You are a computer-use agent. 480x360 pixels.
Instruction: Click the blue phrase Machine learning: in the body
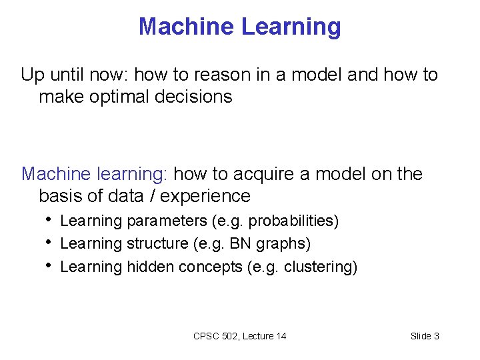coord(96,174)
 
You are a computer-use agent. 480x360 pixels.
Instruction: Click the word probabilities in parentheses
coord(293,221)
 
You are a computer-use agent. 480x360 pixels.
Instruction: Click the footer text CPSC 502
coord(215,336)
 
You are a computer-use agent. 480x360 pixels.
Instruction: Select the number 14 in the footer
coord(280,336)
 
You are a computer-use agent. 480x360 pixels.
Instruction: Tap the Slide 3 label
coord(425,336)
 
